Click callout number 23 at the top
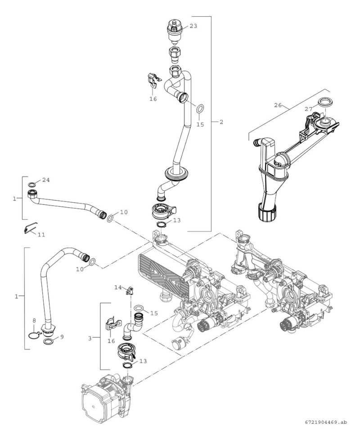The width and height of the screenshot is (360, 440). tap(193, 26)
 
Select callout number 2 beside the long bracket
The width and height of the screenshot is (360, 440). tap(221, 122)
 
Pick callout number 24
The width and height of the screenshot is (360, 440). tap(45, 180)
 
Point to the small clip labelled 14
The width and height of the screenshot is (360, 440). tap(131, 290)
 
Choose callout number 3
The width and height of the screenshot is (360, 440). tap(90, 338)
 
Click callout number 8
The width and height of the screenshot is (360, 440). tap(34, 320)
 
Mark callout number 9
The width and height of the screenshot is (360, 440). tap(62, 336)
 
